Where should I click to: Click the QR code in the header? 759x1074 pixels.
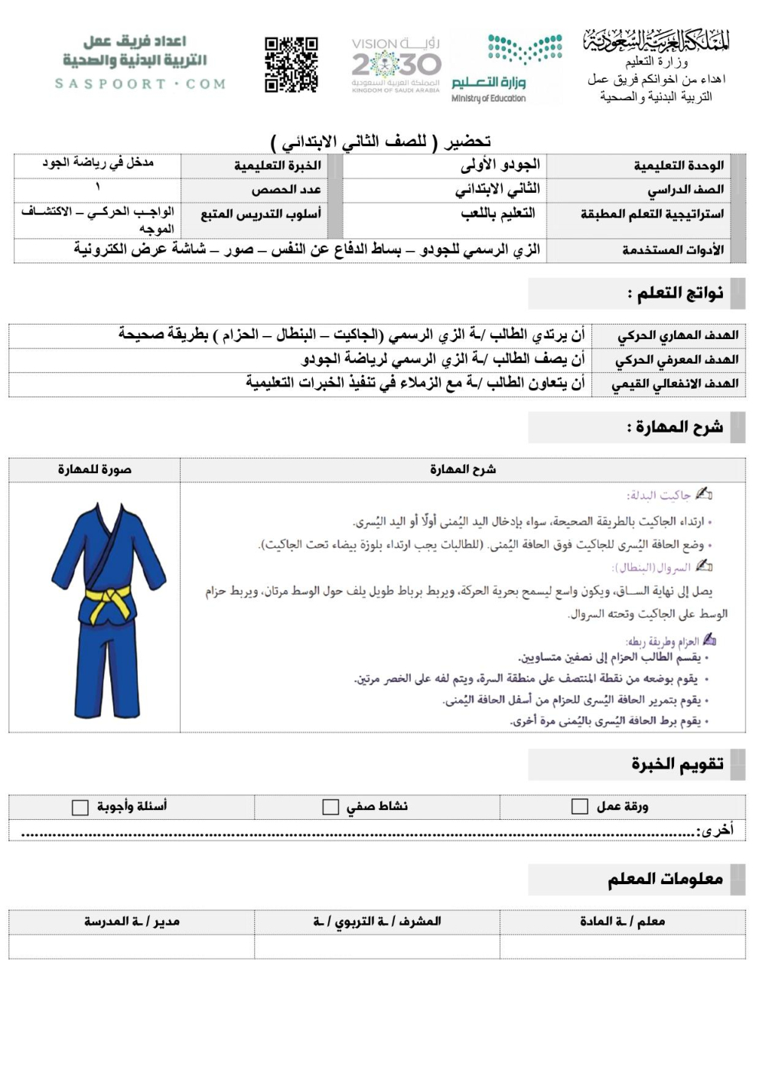tap(291, 64)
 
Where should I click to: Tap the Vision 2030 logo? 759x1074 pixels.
tap(396, 64)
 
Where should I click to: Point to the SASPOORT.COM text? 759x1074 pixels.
tap(140, 83)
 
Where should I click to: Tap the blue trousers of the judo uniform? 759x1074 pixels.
tap(107, 666)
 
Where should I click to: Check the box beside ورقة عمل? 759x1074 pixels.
tap(580, 806)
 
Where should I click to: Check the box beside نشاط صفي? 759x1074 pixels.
tap(331, 807)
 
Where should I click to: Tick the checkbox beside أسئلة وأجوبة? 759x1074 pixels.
tap(80, 808)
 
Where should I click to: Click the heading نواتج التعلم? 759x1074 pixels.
tap(675, 293)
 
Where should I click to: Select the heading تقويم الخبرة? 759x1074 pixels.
tap(677, 764)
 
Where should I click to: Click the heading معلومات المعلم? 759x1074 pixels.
tap(665, 879)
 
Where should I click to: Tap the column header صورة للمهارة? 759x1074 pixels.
tap(95, 469)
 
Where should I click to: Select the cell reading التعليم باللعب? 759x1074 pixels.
tap(497, 214)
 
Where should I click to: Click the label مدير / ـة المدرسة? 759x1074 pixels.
tap(132, 921)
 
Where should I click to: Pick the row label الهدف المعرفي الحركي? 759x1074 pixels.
tap(676, 359)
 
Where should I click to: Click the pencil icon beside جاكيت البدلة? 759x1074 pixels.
tap(704, 494)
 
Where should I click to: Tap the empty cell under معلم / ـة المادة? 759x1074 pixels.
tap(622, 946)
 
